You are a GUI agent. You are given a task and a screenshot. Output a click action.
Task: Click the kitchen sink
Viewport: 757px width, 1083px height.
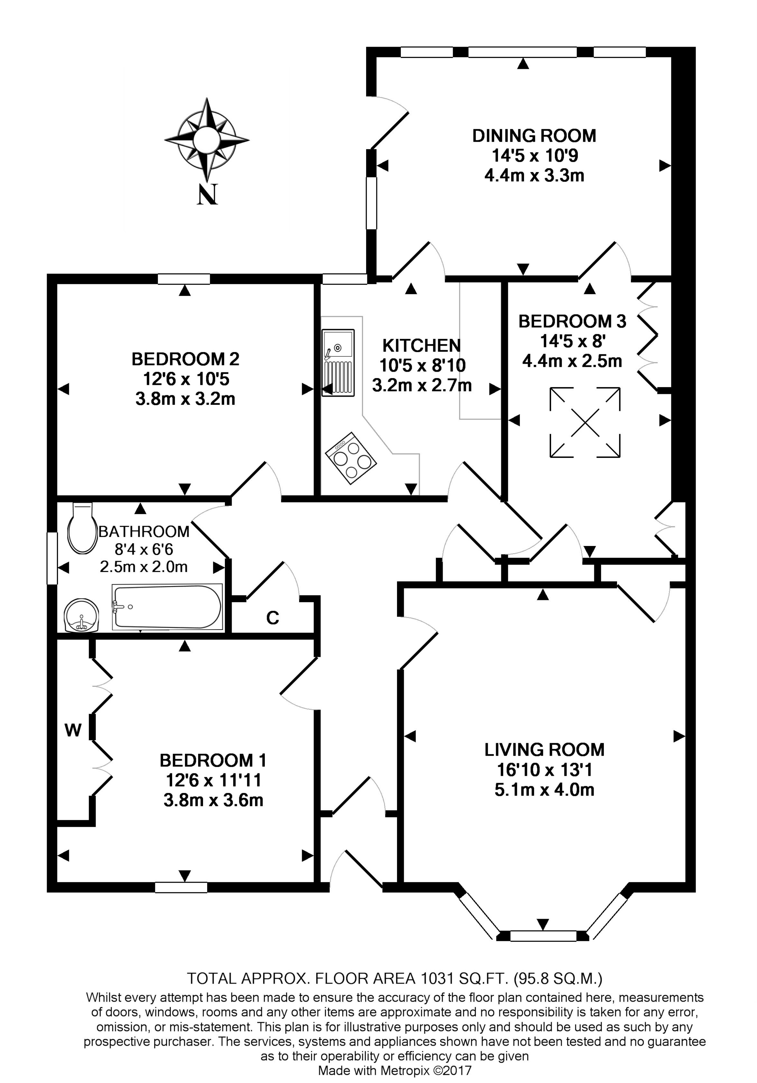click(338, 362)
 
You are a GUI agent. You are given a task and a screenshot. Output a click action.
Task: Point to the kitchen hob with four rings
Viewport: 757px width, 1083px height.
click(351, 458)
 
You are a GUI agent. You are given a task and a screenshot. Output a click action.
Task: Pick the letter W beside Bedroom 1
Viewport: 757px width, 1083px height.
click(73, 730)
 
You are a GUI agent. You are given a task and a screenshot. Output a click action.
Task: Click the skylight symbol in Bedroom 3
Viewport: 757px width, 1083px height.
click(585, 422)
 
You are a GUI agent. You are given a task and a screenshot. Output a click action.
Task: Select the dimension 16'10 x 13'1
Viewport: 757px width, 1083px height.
click(544, 770)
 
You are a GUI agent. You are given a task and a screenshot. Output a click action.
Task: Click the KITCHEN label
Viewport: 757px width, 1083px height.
click(421, 346)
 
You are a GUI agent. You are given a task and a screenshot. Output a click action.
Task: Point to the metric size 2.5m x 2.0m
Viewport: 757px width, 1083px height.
click(143, 567)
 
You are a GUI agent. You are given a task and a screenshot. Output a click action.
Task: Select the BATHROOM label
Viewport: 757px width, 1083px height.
click(143, 532)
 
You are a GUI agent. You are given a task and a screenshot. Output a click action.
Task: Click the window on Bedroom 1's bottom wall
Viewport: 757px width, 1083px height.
click(181, 887)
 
